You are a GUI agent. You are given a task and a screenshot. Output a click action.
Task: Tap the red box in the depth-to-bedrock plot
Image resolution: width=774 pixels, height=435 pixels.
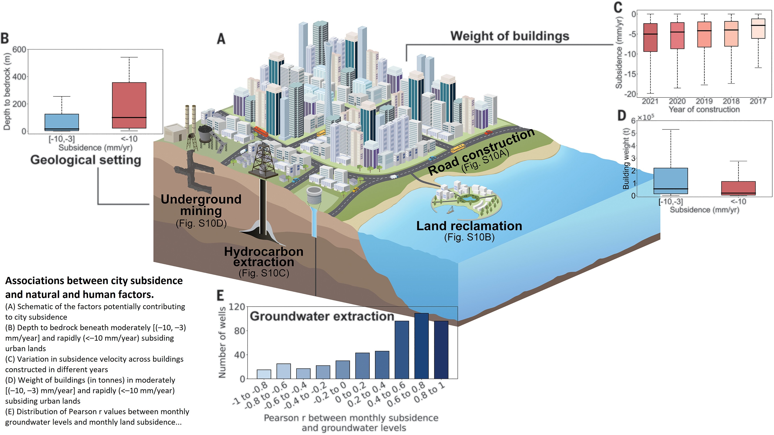tap(129, 105)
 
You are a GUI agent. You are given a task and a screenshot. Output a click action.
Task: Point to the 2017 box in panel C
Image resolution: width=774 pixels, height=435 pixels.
tap(758, 29)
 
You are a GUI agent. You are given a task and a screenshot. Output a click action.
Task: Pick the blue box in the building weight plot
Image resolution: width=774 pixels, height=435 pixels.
tap(671, 181)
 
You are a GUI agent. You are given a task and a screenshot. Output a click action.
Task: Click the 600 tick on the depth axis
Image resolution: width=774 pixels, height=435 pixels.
tap(19, 50)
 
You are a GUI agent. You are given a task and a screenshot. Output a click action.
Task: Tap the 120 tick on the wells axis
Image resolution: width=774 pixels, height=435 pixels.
tap(237, 307)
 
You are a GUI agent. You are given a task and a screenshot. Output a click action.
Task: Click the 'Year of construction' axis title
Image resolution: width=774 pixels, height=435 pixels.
tap(704, 109)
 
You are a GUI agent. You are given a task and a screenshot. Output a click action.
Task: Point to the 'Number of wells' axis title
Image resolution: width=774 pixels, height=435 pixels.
tap(222, 343)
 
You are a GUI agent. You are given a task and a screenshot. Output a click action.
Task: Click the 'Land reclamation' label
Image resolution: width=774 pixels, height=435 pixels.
tap(469, 226)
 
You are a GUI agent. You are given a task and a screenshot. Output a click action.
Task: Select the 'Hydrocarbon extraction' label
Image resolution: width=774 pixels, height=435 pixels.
tap(263, 257)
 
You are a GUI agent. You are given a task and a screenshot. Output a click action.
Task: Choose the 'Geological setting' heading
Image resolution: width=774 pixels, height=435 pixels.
tap(86, 160)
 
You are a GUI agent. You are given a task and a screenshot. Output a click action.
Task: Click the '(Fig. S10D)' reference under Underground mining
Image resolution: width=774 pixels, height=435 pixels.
tap(201, 223)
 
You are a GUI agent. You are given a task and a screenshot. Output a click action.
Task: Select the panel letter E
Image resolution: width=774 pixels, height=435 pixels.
tap(220, 296)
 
